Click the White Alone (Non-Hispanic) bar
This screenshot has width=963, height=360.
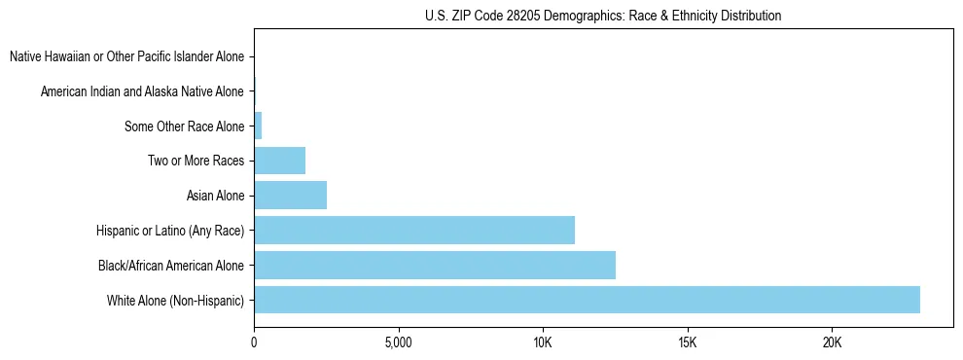[587, 300]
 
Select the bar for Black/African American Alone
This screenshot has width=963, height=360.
[435, 265]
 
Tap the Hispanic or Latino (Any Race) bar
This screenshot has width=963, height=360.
[414, 231]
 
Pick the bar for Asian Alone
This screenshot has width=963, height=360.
[290, 196]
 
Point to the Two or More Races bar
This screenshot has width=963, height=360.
[279, 161]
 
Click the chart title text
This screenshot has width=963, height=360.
[603, 16]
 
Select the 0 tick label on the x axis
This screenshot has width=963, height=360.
[254, 342]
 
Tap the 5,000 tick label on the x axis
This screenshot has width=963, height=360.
[398, 342]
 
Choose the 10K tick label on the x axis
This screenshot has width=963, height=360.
[543, 342]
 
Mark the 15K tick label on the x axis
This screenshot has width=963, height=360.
[687, 342]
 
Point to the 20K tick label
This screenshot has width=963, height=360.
[832, 342]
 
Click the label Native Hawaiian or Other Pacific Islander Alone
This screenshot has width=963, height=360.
[126, 57]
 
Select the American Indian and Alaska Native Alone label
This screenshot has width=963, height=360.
[142, 92]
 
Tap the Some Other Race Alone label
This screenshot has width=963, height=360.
[184, 126]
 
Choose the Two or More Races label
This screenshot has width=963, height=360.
[196, 161]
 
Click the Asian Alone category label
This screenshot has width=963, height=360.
[215, 196]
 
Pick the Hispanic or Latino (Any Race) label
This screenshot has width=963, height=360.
[170, 231]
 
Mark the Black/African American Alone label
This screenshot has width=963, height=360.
[171, 265]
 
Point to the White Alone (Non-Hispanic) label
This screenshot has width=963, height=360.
[175, 300]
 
